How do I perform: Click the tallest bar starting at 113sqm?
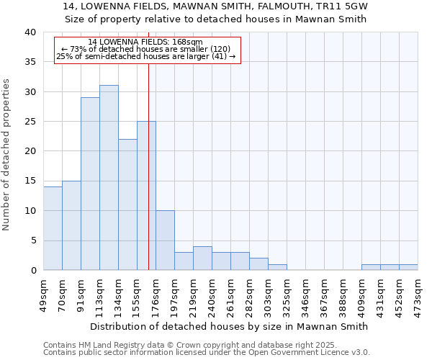109,178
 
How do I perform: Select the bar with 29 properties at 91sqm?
90,184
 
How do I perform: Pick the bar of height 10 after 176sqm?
165,240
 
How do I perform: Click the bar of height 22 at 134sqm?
127,204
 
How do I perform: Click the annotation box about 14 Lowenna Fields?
147,50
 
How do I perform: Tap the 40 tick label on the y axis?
30,32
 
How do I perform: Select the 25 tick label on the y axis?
30,122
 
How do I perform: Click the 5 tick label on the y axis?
33,240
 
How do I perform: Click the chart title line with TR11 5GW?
220,6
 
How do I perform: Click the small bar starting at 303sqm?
277,267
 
